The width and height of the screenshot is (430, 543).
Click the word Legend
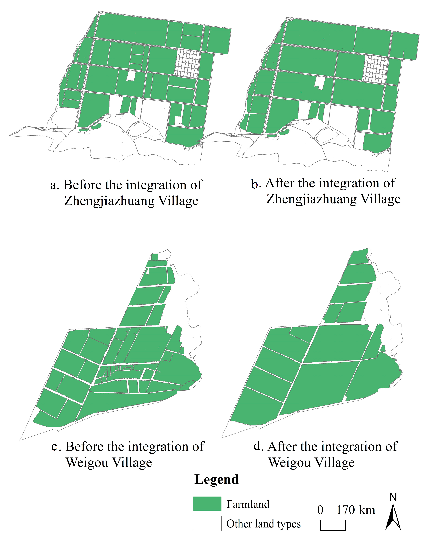[x=216, y=479]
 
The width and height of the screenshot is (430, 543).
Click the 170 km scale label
[x=355, y=510]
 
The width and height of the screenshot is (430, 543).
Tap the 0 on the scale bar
[x=320, y=510]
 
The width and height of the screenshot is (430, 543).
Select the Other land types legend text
[x=264, y=524]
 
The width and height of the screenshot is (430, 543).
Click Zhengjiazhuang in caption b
[x=311, y=199]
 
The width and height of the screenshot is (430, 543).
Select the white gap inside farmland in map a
[x=131, y=75]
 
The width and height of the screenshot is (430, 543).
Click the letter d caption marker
[x=258, y=446]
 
